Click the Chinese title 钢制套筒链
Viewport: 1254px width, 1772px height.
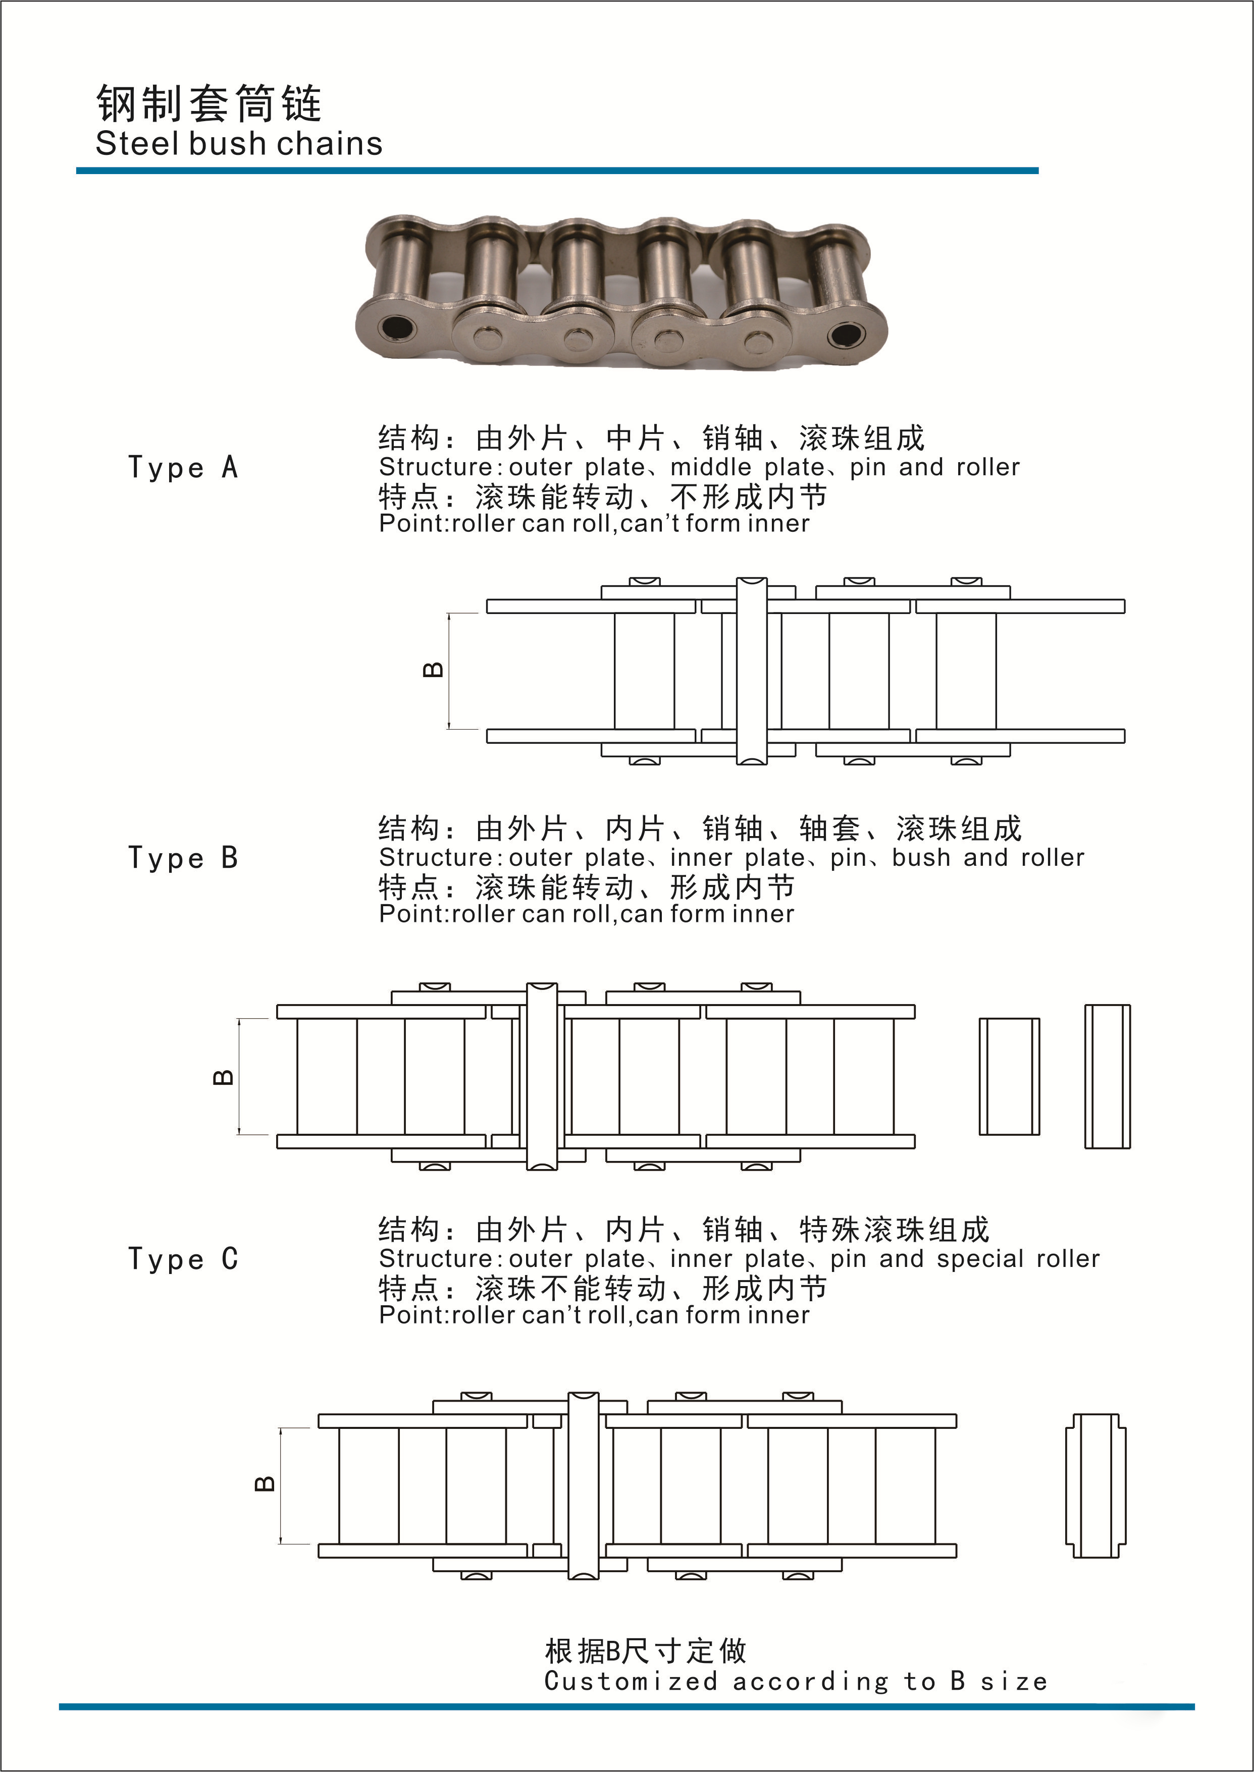[208, 103]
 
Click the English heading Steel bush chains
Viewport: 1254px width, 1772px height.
[239, 144]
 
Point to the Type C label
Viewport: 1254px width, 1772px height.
[183, 1259]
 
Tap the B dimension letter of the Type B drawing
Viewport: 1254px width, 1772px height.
[223, 1077]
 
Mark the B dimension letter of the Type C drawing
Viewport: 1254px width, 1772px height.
[265, 1483]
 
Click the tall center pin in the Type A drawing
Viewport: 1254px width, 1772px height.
[751, 671]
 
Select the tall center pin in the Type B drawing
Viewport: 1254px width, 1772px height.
[541, 1077]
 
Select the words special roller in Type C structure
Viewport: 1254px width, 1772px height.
[1017, 1259]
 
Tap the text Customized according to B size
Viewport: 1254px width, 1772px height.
[795, 1681]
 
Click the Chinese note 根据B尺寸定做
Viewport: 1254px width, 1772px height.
[646, 1651]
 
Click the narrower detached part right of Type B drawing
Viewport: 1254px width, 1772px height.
[1107, 1077]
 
